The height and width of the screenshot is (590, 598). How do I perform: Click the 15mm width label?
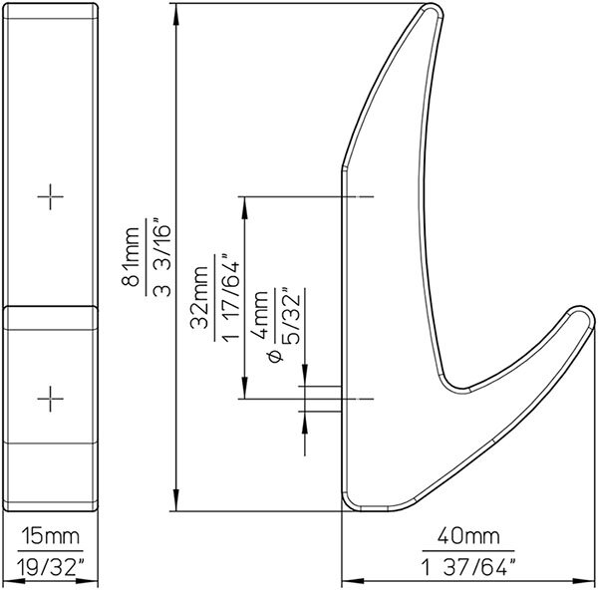51,536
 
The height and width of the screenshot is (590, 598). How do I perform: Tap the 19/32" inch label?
51,566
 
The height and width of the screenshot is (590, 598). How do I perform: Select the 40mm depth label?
468,536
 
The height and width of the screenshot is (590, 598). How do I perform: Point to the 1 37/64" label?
469,566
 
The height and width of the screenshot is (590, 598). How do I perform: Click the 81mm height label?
131,256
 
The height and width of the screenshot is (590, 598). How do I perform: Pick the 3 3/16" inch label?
161,257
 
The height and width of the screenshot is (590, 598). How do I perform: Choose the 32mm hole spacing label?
199,297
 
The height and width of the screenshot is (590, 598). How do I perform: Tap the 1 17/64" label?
230,297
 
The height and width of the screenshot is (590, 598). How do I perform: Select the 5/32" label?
291,317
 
